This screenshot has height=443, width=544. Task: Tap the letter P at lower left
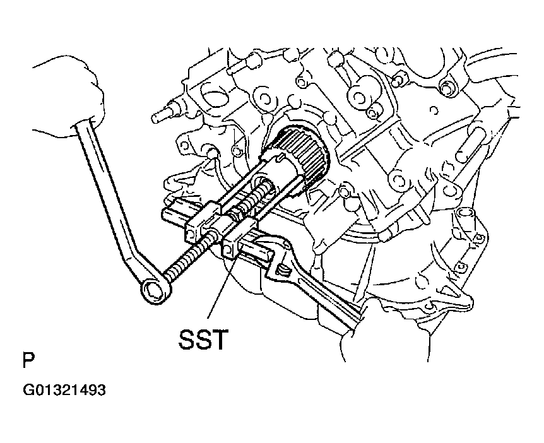click(28, 360)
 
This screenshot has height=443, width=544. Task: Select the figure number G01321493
click(64, 389)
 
